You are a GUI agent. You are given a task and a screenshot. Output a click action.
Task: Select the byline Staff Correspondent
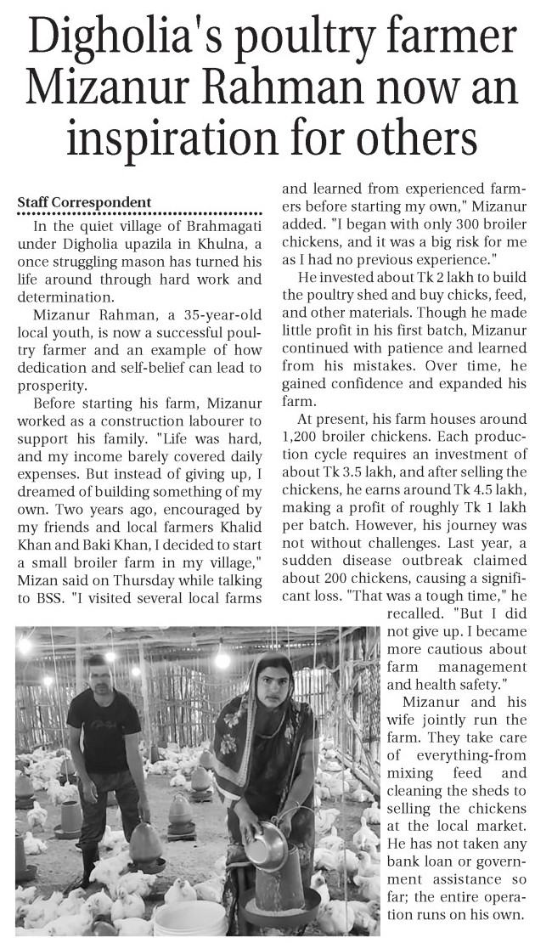coord(84,202)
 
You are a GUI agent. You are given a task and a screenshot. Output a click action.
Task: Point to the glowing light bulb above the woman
coord(222,658)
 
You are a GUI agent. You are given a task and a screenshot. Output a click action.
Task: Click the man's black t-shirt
coord(103,731)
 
